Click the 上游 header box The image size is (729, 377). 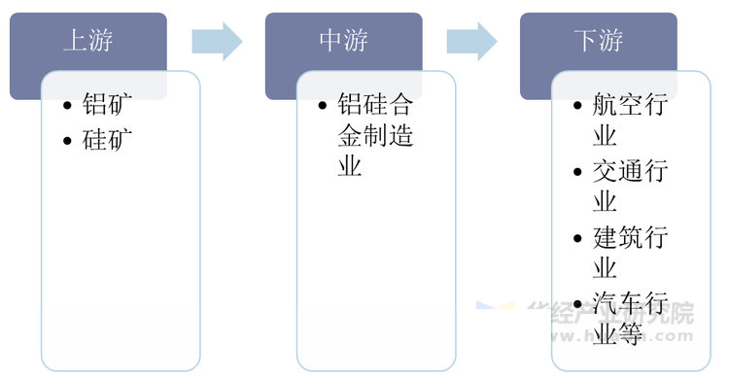[88, 41]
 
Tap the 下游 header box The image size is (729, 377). [597, 41]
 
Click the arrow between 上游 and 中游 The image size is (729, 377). [216, 40]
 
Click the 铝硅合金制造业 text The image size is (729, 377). [375, 135]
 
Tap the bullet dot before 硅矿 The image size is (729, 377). [66, 141]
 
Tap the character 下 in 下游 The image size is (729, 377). [584, 41]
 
